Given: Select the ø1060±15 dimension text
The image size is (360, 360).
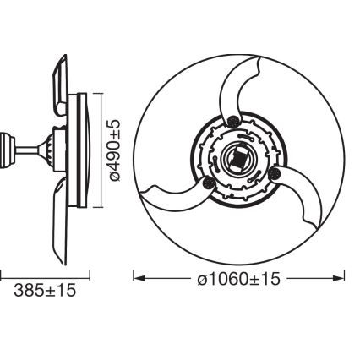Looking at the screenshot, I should [x=239, y=277].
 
